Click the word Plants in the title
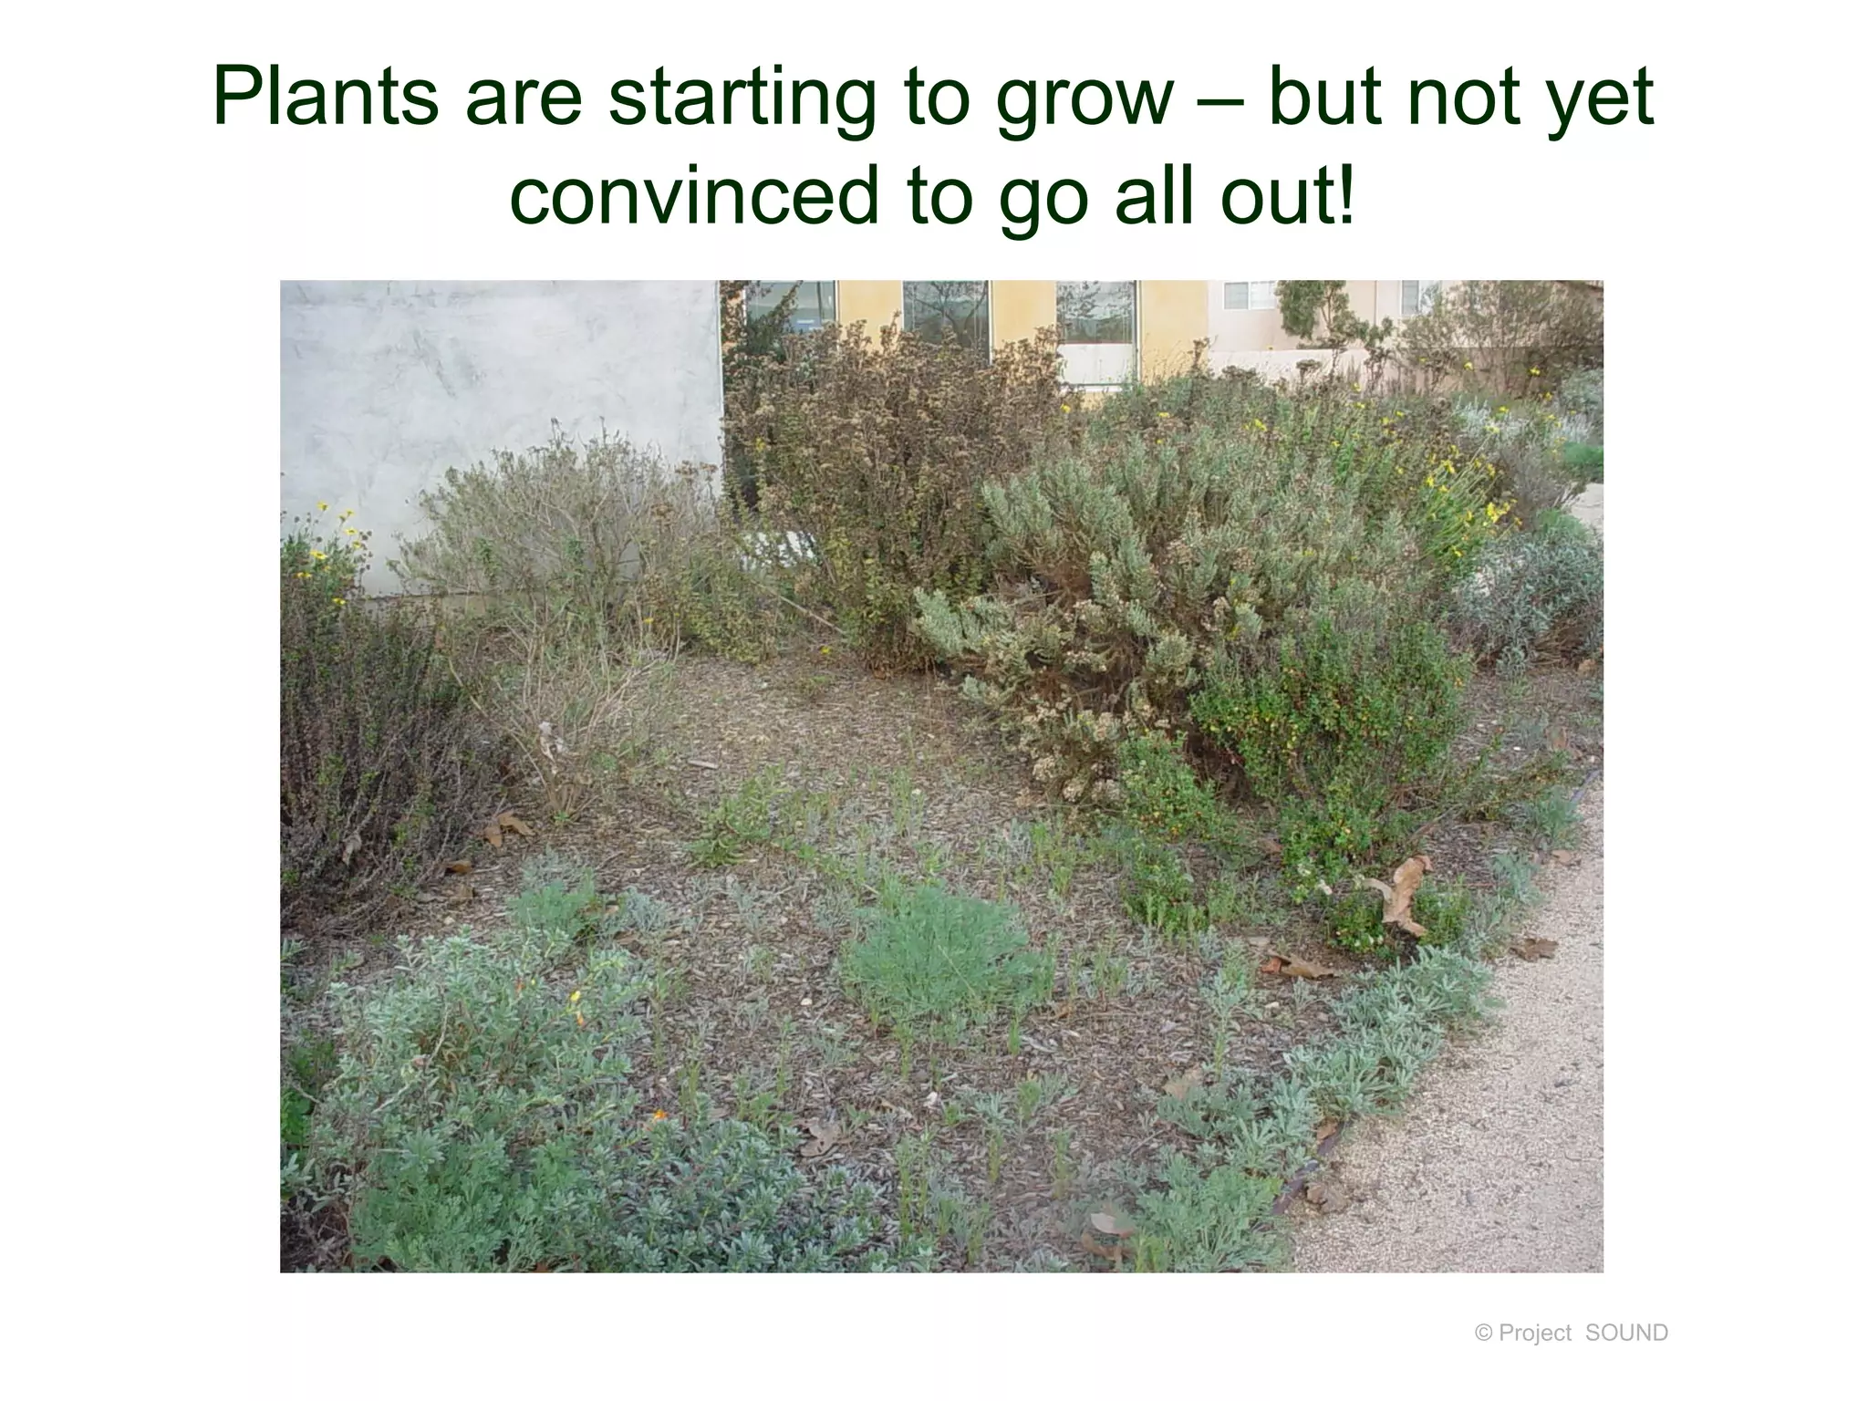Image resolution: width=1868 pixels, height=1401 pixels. pos(325,99)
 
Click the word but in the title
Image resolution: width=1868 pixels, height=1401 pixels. pos(1326,99)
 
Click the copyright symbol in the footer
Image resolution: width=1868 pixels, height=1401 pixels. pos(1483,1334)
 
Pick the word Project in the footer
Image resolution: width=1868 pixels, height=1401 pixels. pos(1535,1334)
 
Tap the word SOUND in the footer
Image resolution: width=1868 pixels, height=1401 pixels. pos(1626,1334)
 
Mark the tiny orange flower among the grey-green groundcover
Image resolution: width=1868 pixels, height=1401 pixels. pos(657,1115)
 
